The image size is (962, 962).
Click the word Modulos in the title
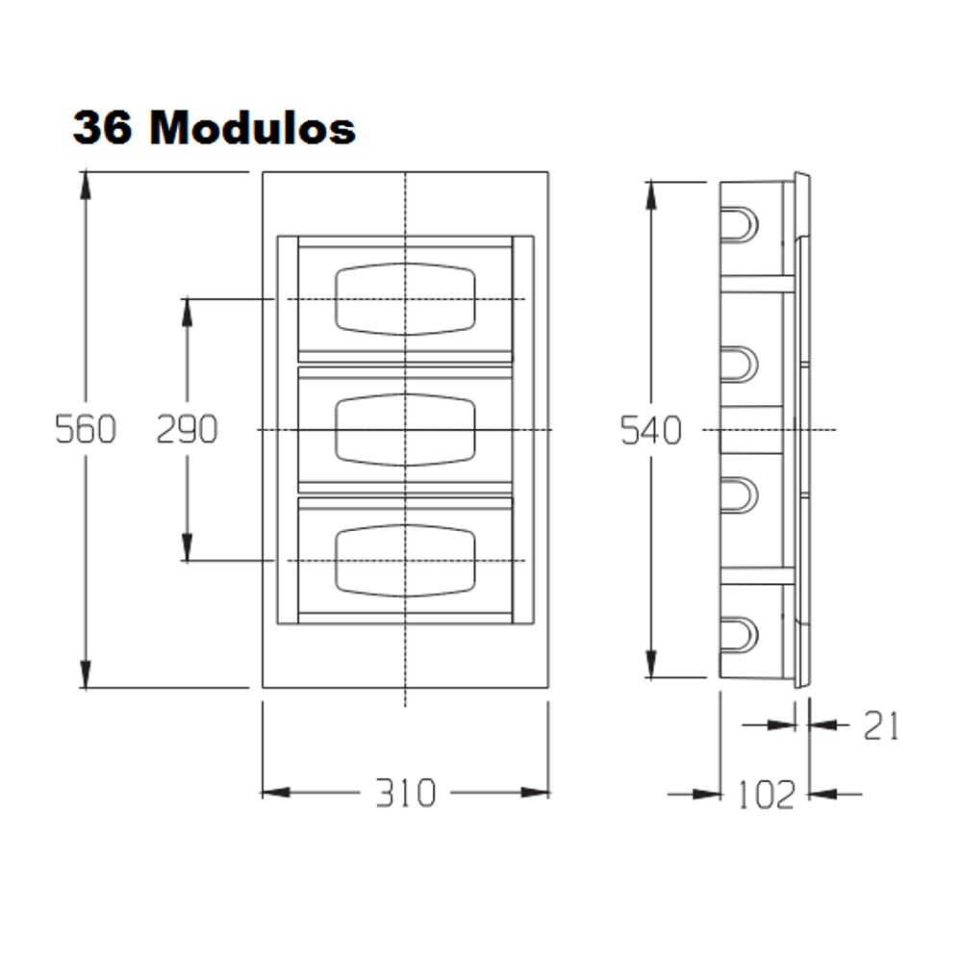[x=252, y=128]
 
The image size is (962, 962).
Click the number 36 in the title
[x=103, y=128]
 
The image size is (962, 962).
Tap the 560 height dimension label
[x=86, y=429]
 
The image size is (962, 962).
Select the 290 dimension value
[x=187, y=429]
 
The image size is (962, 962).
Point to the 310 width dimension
[x=406, y=793]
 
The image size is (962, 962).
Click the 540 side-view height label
[x=651, y=430]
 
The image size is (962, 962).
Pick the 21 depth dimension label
[x=881, y=725]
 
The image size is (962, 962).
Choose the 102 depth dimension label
[x=767, y=796]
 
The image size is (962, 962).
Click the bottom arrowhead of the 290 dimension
[x=188, y=547]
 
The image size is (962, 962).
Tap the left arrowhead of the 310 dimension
[x=276, y=793]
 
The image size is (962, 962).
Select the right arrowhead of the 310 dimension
[x=535, y=793]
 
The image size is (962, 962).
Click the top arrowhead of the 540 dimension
[x=651, y=195]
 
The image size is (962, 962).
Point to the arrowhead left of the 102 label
[x=707, y=795]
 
